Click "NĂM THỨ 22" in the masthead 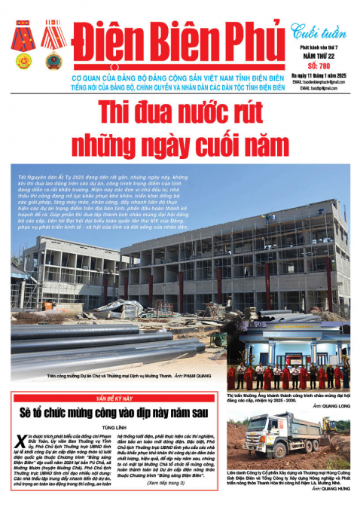[x=318, y=55]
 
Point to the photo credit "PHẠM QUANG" [x=197, y=374]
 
